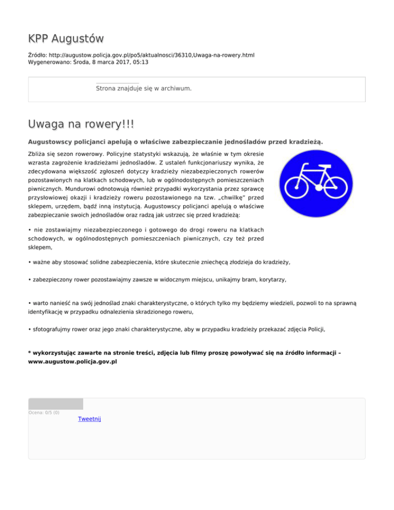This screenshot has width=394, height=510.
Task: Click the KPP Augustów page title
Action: (x=66, y=38)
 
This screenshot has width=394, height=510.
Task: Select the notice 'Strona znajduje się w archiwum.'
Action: (x=144, y=89)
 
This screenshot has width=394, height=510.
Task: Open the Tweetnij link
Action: (x=89, y=419)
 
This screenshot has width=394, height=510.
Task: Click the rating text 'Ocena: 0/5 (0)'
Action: (x=44, y=412)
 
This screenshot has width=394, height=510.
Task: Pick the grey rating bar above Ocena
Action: (x=55, y=404)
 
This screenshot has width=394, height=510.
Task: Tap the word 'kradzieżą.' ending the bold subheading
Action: (x=305, y=141)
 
